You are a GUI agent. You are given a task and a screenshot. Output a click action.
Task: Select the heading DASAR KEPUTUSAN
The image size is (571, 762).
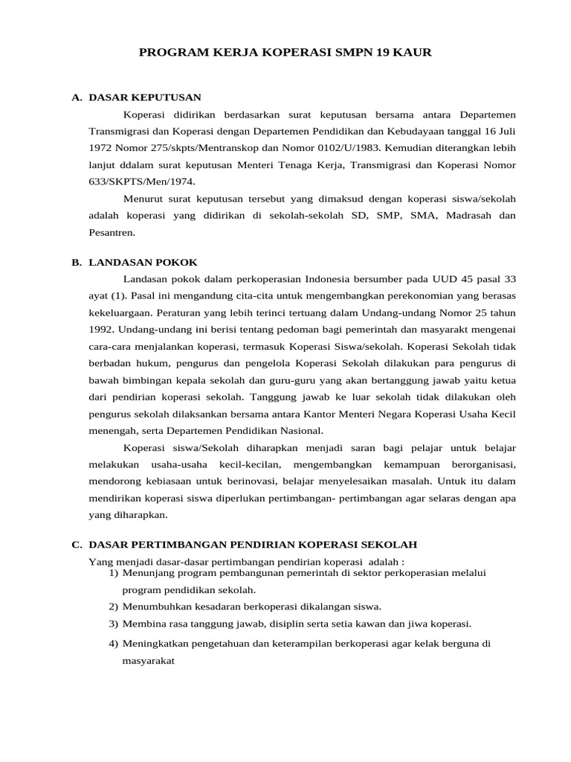tap(144, 97)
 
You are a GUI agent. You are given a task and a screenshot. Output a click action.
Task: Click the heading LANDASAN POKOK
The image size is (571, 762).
tap(143, 262)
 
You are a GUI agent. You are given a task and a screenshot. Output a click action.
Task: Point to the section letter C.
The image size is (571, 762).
tap(76, 545)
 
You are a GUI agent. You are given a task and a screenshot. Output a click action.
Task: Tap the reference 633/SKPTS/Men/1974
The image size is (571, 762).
tap(126, 181)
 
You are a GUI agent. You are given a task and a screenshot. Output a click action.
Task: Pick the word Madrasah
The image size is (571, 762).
tap(455, 215)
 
